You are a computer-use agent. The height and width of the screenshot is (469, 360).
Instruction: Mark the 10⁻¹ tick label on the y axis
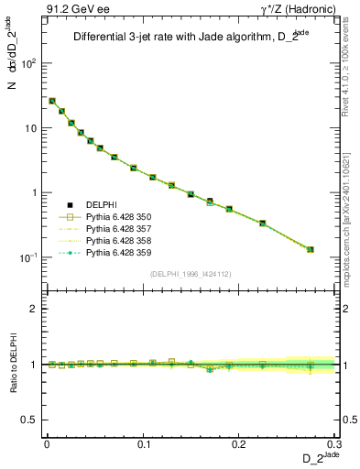pyautogui.click(x=27, y=257)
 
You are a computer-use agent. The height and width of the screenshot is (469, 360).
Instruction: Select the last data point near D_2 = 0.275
pyautogui.click(x=311, y=249)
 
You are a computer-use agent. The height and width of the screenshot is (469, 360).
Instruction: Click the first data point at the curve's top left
pyautogui.click(x=52, y=101)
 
